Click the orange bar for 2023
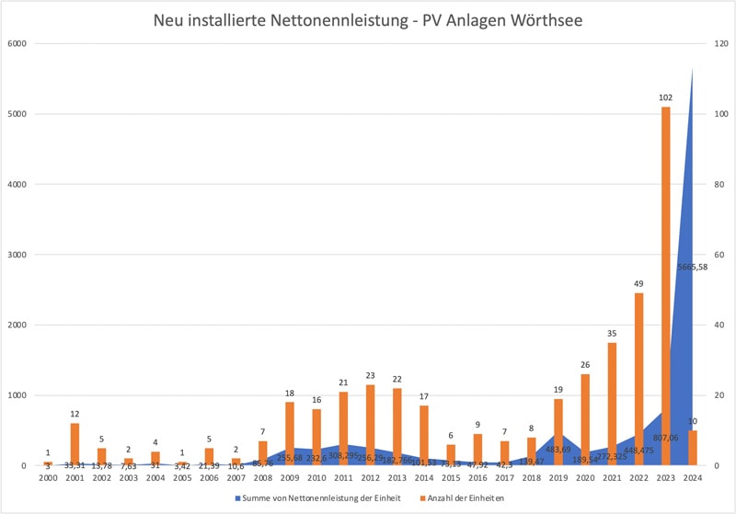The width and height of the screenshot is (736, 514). point(665,286)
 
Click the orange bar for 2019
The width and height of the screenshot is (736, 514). point(558,432)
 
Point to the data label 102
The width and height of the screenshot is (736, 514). point(665,97)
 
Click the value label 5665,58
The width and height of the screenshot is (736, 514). point(692,267)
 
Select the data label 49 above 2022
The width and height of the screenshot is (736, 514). point(638,283)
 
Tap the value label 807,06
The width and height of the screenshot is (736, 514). point(665,438)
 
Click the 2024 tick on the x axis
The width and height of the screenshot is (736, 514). point(693,478)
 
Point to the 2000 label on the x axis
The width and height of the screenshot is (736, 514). point(49,478)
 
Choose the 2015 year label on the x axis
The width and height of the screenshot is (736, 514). point(451,478)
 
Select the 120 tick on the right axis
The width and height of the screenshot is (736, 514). point(719,43)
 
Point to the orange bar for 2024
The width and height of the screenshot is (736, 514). point(692,448)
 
